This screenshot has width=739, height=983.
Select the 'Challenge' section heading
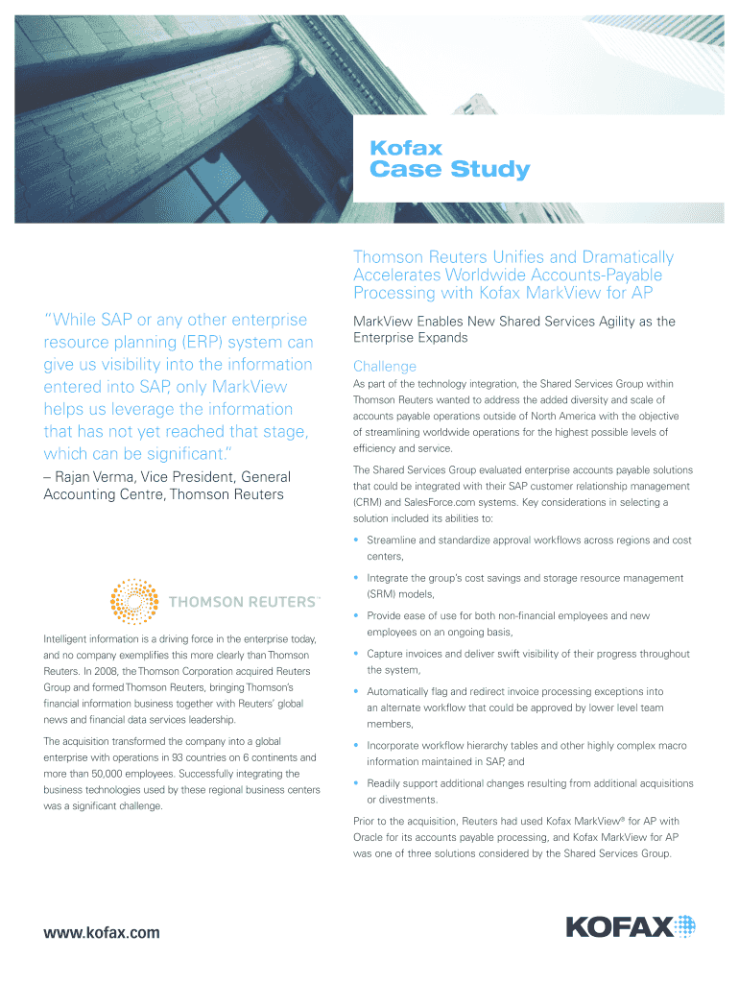(x=385, y=366)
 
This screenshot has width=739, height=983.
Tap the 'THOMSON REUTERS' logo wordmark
(x=242, y=602)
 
